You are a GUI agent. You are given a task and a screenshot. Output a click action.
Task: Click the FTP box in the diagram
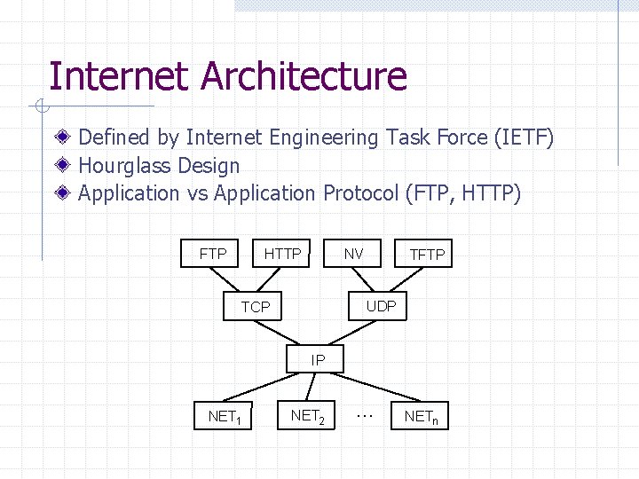(x=213, y=254)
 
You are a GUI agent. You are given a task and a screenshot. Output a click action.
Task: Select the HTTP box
(x=282, y=254)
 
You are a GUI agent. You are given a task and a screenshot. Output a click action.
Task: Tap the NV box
(x=353, y=254)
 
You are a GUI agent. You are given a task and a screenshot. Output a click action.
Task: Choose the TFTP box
(x=427, y=255)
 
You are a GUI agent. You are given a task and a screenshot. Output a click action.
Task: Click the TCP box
(x=256, y=307)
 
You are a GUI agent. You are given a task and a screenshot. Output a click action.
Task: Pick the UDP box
(x=381, y=306)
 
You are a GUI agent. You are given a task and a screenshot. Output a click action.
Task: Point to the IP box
(x=318, y=359)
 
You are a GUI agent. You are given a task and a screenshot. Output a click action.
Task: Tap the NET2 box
(x=307, y=415)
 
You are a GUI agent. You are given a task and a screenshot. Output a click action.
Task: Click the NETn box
(x=420, y=415)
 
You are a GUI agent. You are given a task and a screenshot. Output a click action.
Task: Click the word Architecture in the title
(x=304, y=76)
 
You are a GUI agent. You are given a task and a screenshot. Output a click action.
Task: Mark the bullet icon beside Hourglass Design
(x=64, y=165)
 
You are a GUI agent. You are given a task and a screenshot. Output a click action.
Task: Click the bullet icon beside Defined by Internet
(x=64, y=137)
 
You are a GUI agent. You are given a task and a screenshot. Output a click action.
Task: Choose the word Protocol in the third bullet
(x=360, y=193)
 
